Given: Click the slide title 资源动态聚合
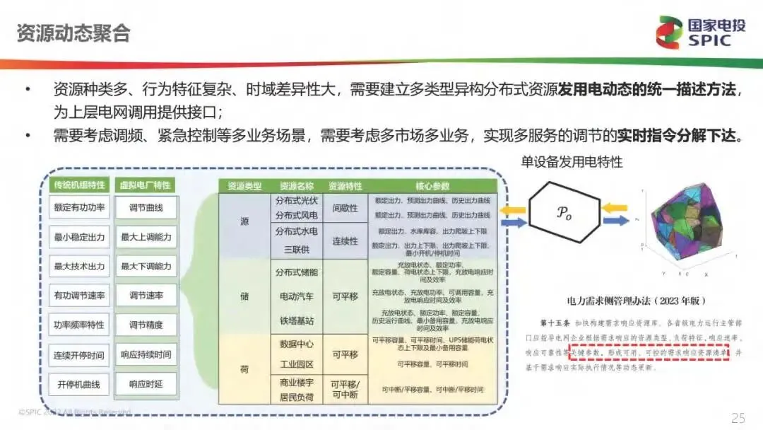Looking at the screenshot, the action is click(x=73, y=33).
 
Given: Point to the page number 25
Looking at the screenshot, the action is click(x=738, y=417).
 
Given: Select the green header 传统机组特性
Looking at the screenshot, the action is click(x=79, y=185).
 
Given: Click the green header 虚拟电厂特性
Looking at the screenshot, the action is click(x=146, y=185).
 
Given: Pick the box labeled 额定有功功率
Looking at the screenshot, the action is click(x=79, y=209).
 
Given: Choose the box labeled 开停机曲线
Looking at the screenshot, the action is click(x=79, y=385).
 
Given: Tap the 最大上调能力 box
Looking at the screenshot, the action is click(x=146, y=238).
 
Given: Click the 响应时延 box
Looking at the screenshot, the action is click(x=146, y=385).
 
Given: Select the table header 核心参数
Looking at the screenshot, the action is click(x=433, y=186).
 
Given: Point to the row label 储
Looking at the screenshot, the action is click(x=244, y=296).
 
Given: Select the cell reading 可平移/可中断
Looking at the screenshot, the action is click(x=345, y=388).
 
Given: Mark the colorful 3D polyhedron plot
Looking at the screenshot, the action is click(x=682, y=226).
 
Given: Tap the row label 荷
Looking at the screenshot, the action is click(x=244, y=368).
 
